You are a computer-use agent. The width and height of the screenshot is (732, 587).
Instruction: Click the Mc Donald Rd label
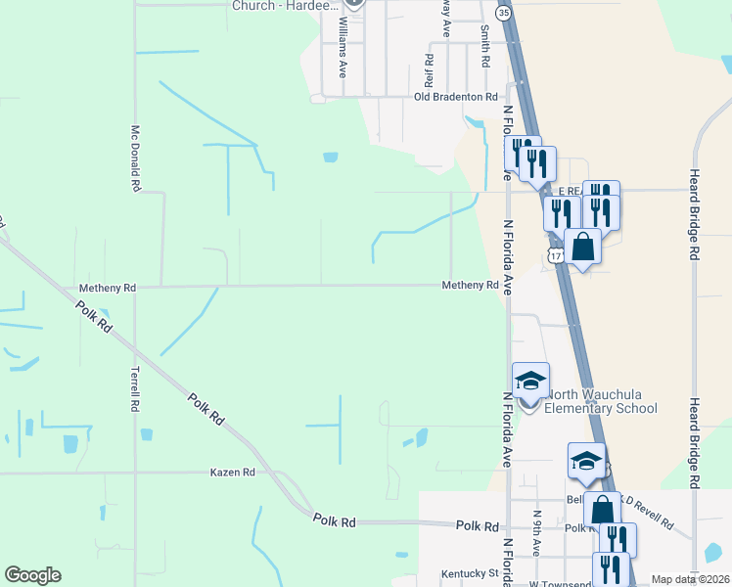pyautogui.click(x=136, y=157)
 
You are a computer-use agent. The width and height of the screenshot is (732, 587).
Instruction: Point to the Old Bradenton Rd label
pyautogui.click(x=456, y=97)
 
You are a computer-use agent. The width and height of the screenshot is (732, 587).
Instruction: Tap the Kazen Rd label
pyautogui.click(x=232, y=472)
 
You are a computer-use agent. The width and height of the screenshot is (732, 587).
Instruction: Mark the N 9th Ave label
pyautogui.click(x=537, y=529)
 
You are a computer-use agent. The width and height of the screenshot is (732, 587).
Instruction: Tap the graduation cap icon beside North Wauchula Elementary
pyautogui.click(x=530, y=381)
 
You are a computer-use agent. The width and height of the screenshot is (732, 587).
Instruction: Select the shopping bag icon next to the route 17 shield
pyautogui.click(x=583, y=247)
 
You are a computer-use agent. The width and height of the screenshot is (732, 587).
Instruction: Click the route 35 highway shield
pyautogui.click(x=503, y=13)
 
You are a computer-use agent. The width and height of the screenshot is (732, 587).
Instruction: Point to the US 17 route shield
pyautogui.click(x=555, y=255)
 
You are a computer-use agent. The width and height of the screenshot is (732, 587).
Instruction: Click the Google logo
pyautogui.click(x=32, y=575)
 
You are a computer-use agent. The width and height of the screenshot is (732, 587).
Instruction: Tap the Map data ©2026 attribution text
pyautogui.click(x=690, y=579)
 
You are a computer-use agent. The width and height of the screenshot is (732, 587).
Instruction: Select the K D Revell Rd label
pyautogui.click(x=647, y=517)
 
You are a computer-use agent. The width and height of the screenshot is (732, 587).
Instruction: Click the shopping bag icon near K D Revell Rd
pyautogui.click(x=602, y=510)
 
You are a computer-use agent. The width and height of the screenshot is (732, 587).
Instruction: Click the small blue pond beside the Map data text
pyautogui.click(x=712, y=554)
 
